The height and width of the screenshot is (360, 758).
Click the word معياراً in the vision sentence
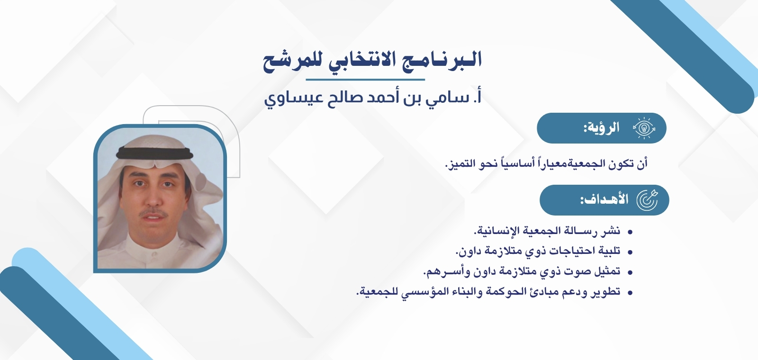[x=551, y=164]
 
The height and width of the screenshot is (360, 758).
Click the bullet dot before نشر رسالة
[x=630, y=232]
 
